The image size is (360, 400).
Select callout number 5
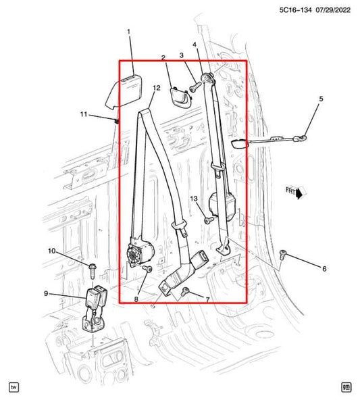click(321, 99)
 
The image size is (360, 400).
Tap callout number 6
click(324, 269)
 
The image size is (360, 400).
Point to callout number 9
click(46, 293)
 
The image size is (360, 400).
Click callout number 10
click(51, 251)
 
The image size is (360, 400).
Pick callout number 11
click(83, 115)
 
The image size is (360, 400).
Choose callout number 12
click(156, 88)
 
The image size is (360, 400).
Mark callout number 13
click(193, 199)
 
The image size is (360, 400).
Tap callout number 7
click(207, 299)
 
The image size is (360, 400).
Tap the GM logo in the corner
click(346, 387)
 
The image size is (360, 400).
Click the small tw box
click(14, 387)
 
